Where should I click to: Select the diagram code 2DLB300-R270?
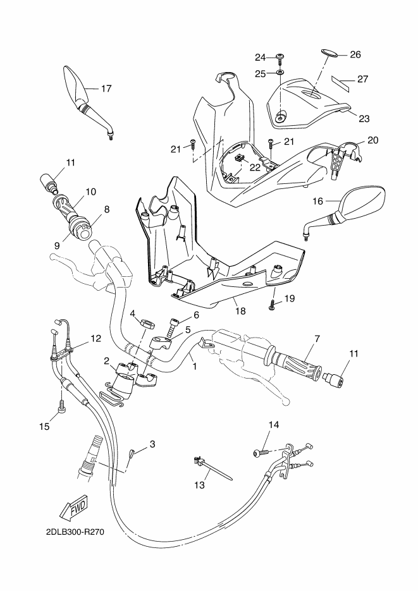pyautogui.click(x=75, y=532)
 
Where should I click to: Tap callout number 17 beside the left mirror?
pyautogui.click(x=107, y=88)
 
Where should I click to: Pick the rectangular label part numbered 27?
pyautogui.click(x=340, y=83)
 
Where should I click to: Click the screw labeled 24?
pyautogui.click(x=280, y=58)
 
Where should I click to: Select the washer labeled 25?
pyautogui.click(x=280, y=72)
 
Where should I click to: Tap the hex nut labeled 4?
pyautogui.click(x=147, y=323)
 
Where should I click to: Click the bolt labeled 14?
pyautogui.click(x=261, y=452)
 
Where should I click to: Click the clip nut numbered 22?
pyautogui.click(x=239, y=159)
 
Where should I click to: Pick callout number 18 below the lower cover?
pyautogui.click(x=240, y=310)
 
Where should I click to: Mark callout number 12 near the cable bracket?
pyautogui.click(x=96, y=338)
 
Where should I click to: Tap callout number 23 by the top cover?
pyautogui.click(x=364, y=119)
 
